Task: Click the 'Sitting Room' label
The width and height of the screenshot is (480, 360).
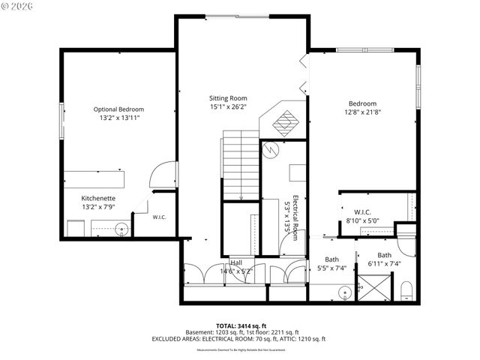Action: coord(227,98)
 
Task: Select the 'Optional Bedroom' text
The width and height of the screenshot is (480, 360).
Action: coord(118,109)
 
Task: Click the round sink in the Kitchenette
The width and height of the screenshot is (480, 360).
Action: coord(121,229)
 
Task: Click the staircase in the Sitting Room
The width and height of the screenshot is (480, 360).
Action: coord(240,165)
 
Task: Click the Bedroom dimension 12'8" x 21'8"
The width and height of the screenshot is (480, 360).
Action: coord(362,112)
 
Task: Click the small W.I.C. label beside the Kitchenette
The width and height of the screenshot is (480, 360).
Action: coord(159,217)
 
